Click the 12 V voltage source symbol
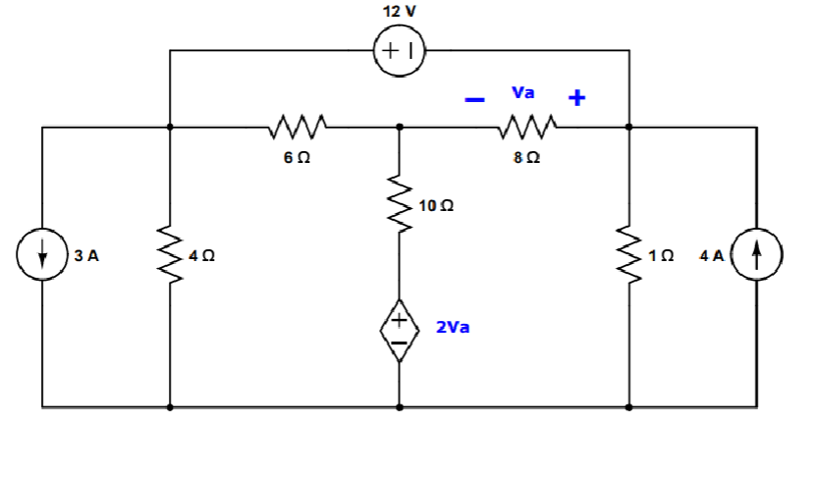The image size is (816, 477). pos(399,49)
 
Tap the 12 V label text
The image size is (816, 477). pos(400,11)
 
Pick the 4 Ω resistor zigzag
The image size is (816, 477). pos(170,254)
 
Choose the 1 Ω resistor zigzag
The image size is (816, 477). pos(628,254)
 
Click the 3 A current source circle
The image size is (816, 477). pos(42,255)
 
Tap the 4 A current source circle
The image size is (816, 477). pos(756,255)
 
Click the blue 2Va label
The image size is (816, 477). pos(453,327)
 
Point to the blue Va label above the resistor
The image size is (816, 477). pos(523,93)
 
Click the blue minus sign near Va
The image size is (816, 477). pos(474,99)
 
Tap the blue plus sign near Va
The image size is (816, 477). pos(576,98)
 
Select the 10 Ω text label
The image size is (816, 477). pos(435,206)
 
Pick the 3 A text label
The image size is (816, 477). pos(86,255)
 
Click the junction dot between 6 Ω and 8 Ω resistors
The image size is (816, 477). pos(399,127)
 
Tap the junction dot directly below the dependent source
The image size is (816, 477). pos(399,405)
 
